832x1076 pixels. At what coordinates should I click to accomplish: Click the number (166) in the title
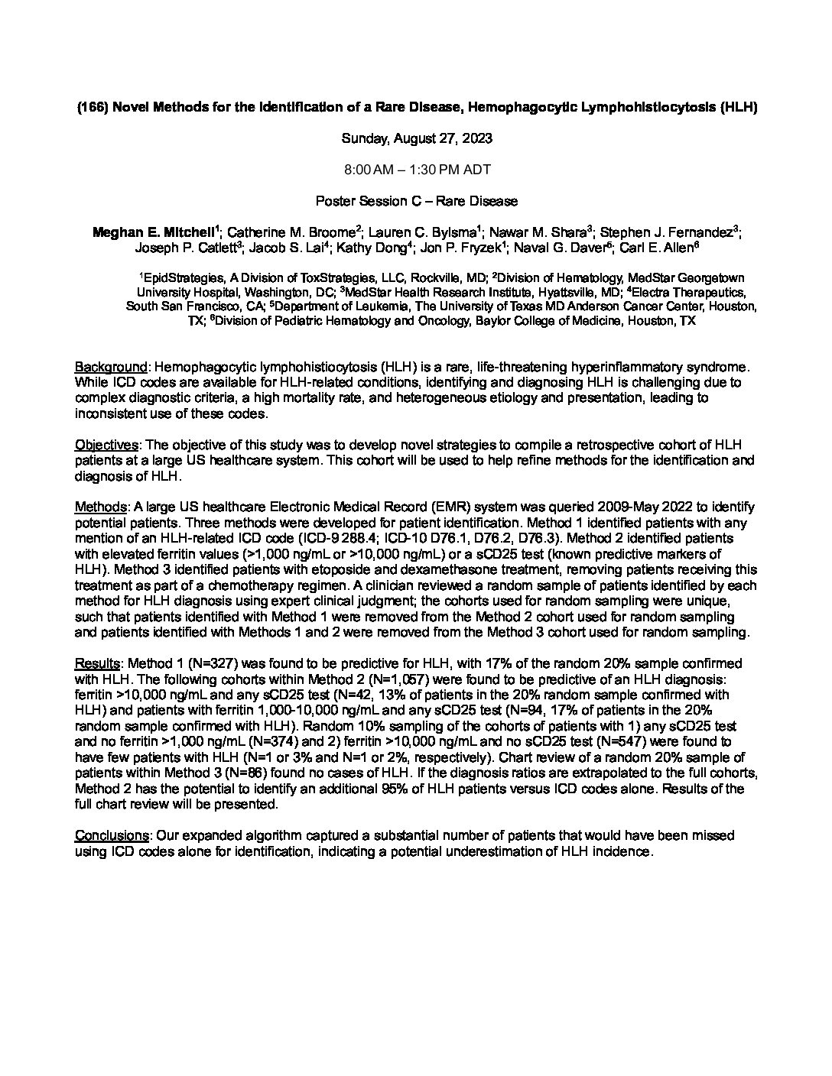coord(93,108)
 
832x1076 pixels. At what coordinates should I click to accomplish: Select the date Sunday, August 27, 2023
coord(416,138)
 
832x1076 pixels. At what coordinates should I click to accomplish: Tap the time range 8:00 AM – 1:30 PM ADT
coord(416,170)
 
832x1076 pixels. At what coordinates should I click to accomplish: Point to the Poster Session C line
coord(416,201)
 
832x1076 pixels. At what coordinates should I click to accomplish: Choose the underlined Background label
coord(111,367)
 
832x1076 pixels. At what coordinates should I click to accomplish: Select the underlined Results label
coord(97,663)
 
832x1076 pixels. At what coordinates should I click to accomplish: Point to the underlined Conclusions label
coord(111,835)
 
